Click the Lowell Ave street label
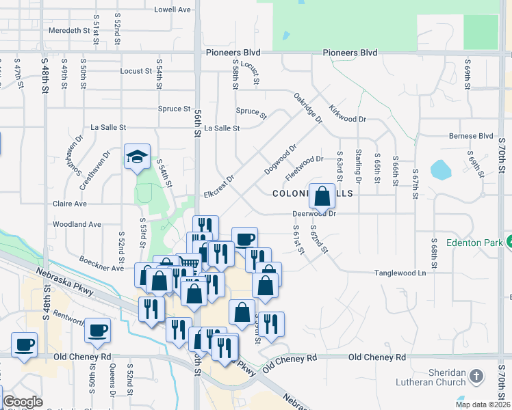tap(172, 10)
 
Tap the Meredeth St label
tap(69, 31)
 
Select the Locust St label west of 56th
tap(136, 71)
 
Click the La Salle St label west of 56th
tap(109, 127)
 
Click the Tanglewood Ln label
tap(400, 273)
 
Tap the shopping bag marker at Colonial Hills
tap(322, 197)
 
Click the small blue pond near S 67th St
tap(441, 169)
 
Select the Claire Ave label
tap(70, 204)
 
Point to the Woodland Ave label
tap(77, 224)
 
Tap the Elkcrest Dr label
tap(219, 187)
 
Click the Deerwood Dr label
tap(314, 213)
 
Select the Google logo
tap(23, 402)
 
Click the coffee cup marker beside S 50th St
tap(97, 331)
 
